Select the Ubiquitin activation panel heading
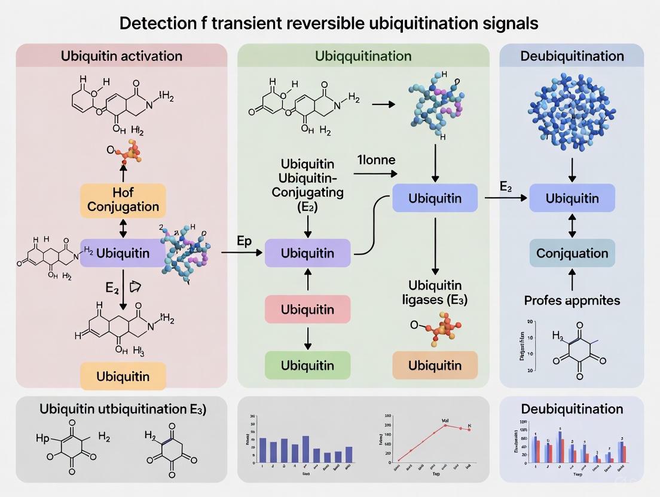121,56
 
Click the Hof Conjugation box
123,200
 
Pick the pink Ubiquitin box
307,310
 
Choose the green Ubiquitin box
307,365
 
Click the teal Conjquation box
572,253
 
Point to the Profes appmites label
572,300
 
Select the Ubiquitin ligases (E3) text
435,292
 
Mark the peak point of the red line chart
445,425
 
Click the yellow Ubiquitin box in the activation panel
123,376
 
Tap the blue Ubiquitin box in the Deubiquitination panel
572,198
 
